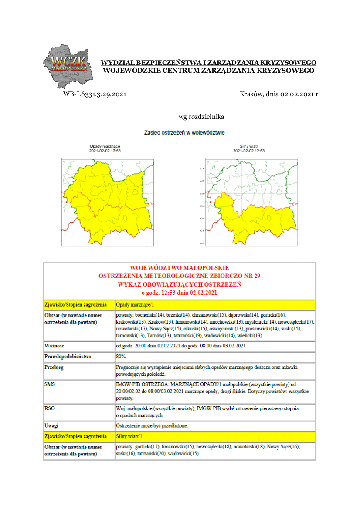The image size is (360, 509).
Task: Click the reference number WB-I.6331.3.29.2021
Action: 95,94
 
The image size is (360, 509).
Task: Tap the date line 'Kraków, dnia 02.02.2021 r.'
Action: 280,94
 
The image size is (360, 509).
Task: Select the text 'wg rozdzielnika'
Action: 201,117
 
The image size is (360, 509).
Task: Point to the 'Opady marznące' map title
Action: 105,146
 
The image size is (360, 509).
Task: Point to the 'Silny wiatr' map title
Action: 249,146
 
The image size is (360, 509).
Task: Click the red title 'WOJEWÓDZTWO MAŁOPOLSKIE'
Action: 179,268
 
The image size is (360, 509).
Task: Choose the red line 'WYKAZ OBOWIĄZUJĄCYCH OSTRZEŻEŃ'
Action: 179,284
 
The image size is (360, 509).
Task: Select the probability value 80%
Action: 121,357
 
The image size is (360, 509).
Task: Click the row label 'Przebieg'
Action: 54,367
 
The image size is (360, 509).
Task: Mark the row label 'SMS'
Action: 50,385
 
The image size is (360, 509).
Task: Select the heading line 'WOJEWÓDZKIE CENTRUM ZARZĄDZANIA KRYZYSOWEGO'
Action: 208,70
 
